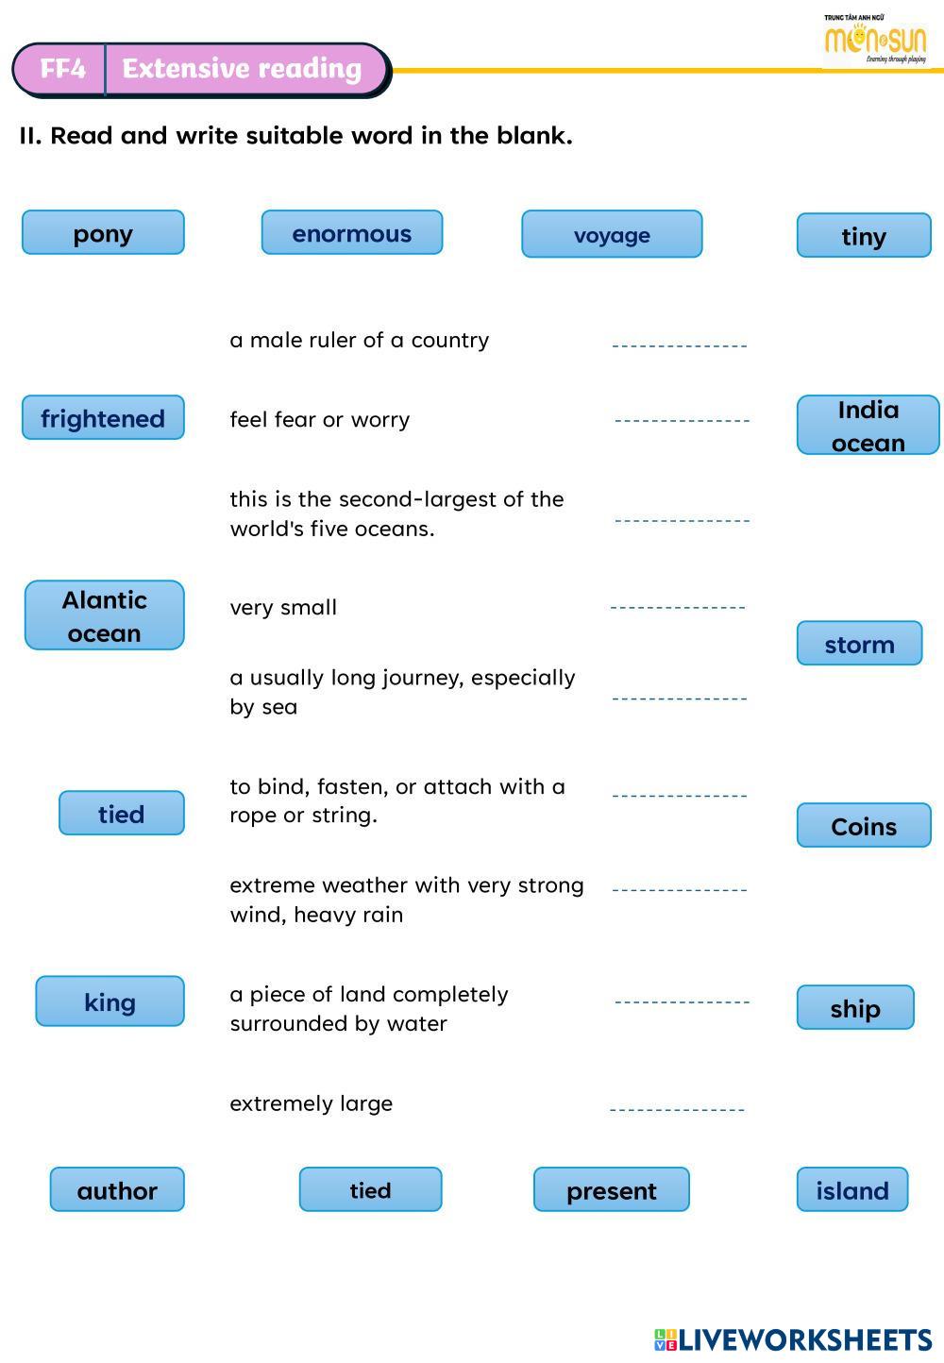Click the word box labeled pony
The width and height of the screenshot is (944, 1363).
tap(103, 233)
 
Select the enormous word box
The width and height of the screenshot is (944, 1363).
tap(351, 233)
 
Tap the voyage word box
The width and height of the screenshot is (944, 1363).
tap(612, 235)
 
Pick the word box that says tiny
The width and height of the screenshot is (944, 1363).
tap(864, 236)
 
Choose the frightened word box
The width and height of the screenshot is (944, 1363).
tap(103, 418)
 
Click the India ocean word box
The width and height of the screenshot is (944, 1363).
tap(868, 426)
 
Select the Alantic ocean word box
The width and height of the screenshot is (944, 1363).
tap(104, 616)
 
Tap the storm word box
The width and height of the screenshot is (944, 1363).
tap(859, 644)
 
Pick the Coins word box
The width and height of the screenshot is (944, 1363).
tap(864, 826)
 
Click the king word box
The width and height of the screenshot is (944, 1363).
tap(110, 1001)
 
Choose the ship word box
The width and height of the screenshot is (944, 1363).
tap(855, 1008)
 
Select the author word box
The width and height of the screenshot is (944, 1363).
tap(117, 1190)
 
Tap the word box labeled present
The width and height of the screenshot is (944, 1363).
tap(611, 1190)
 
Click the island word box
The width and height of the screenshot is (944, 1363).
tap(852, 1190)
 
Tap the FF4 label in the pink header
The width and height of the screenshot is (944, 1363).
tap(62, 69)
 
